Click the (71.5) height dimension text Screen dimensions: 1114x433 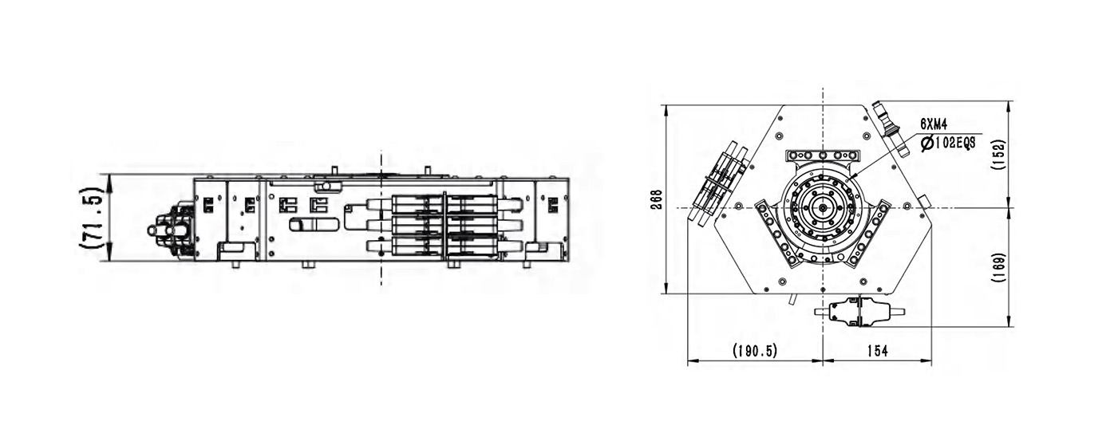93,217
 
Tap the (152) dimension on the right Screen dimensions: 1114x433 997,155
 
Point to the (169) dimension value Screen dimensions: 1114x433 997,268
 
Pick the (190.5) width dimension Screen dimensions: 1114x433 754,351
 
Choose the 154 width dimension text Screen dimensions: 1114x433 877,351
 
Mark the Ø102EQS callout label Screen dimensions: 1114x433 948,144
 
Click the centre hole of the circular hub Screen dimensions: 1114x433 823,208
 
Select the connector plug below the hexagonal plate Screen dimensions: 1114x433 859,313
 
